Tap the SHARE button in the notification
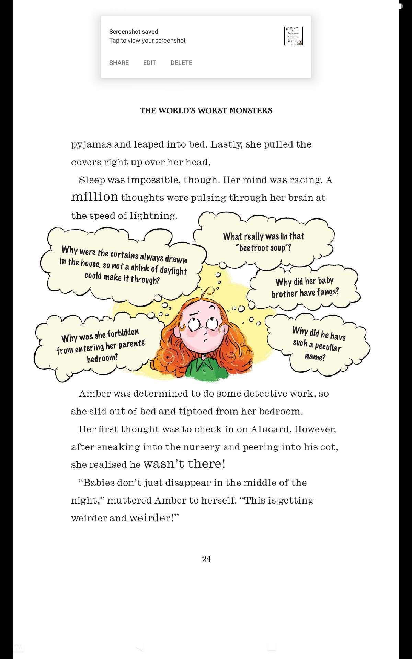119,63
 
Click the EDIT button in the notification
149,63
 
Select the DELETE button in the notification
181,63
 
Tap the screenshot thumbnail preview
294,36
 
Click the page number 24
206,559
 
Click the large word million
94,197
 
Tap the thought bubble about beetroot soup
263,242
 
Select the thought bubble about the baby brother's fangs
305,287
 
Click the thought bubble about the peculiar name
318,344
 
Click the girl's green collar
203,369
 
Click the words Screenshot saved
134,32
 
